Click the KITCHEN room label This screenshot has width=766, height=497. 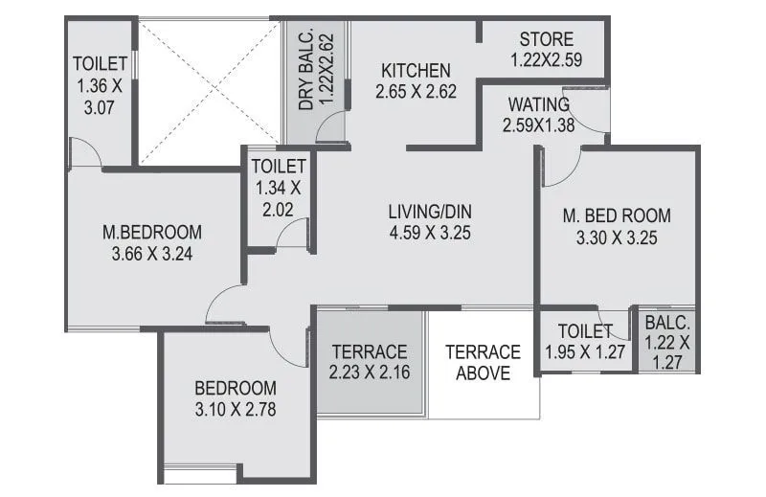tap(416, 71)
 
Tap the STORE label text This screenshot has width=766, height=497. tap(547, 39)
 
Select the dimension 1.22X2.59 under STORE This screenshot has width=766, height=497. tap(547, 59)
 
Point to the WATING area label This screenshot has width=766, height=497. tap(539, 103)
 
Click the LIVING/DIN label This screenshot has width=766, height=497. tap(430, 212)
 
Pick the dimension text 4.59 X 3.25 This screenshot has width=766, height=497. tap(430, 232)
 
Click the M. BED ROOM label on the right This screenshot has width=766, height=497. tap(617, 215)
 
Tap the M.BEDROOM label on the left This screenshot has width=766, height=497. tap(152, 232)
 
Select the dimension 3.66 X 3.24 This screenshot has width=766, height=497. tap(152, 254)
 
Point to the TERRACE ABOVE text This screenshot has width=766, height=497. tap(483, 362)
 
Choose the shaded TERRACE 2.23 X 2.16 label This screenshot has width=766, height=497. tap(369, 361)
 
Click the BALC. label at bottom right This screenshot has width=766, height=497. tap(666, 323)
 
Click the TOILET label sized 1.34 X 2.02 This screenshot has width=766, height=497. tap(279, 166)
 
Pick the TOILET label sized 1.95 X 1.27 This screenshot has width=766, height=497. tap(584, 331)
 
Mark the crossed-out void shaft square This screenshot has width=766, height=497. tap(205, 91)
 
